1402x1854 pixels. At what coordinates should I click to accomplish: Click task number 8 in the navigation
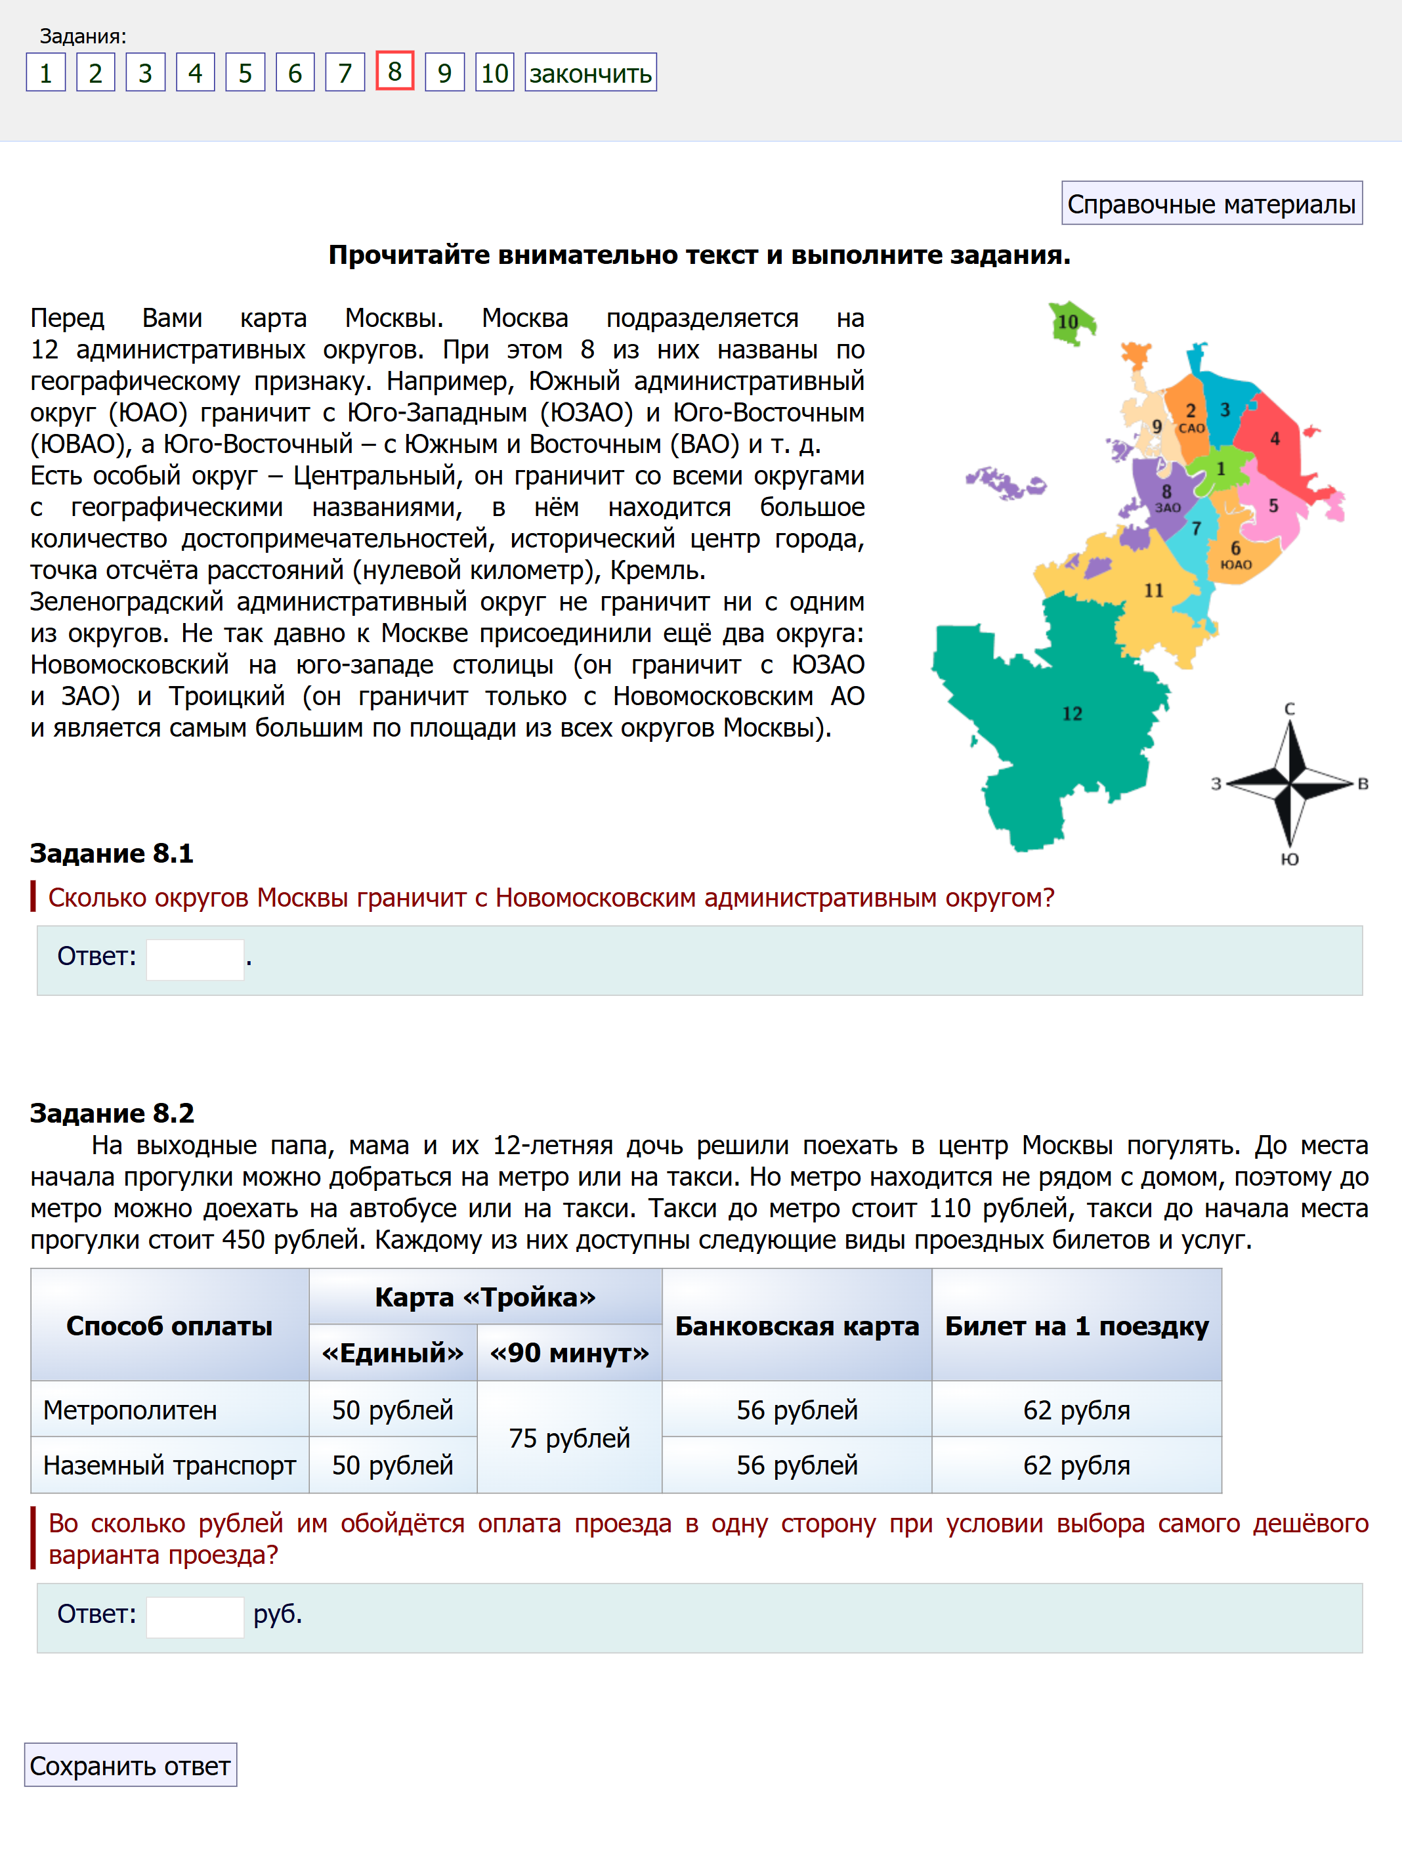click(394, 72)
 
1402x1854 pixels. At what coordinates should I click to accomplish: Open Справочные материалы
click(1211, 204)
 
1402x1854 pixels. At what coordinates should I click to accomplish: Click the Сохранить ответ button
click(130, 1765)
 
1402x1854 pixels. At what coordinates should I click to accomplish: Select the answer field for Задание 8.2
click(195, 1616)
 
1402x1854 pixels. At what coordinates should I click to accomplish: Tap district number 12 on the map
click(1072, 714)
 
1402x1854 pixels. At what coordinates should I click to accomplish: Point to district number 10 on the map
click(1068, 322)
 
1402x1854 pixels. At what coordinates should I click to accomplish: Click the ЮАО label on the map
click(1236, 565)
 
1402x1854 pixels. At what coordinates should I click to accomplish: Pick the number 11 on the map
click(1154, 591)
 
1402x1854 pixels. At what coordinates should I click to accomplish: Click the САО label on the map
click(1192, 428)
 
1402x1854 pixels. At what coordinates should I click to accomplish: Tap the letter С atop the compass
click(1290, 709)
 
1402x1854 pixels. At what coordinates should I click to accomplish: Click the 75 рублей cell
click(569, 1438)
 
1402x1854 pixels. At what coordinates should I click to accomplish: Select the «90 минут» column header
click(569, 1353)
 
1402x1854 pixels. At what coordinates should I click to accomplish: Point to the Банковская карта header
click(796, 1326)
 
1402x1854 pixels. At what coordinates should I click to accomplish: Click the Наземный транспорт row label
click(169, 1465)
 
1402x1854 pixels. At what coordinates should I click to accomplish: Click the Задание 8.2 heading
click(112, 1113)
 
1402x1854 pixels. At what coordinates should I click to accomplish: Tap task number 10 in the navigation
click(494, 73)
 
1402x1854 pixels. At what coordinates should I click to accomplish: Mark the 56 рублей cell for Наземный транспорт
click(796, 1465)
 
